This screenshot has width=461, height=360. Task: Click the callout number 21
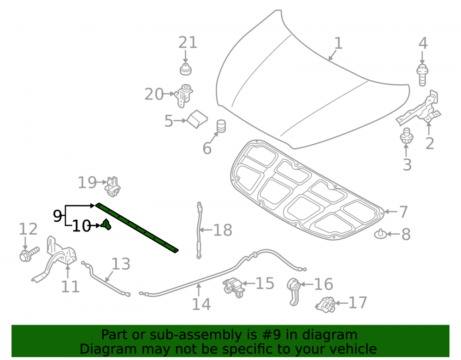pos(188,42)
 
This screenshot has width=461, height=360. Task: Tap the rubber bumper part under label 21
pos(185,69)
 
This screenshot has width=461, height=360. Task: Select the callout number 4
pos(423,43)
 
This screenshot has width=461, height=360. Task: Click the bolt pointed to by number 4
pos(422,75)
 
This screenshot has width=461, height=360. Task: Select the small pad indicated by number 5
pos(197,119)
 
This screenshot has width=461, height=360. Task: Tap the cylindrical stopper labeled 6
pos(221,126)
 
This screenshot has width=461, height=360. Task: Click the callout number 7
pos(403,212)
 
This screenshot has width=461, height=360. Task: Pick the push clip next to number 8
pos(380,234)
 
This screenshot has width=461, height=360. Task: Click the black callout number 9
pos(57,216)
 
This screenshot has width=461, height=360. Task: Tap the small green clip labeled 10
pos(106,224)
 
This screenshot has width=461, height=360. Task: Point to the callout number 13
pos(121,264)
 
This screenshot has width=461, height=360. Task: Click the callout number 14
pos(201,304)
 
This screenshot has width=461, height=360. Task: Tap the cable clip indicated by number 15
pos(234,286)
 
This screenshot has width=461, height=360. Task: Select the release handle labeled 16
pos(293,291)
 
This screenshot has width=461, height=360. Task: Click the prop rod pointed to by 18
pos(199,230)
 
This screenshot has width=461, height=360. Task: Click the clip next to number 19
pos(113,187)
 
